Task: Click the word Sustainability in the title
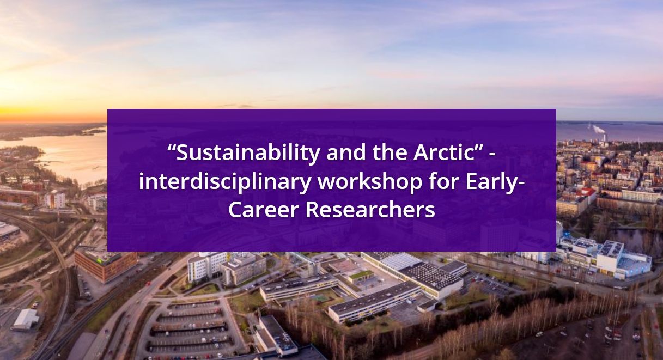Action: point(248,153)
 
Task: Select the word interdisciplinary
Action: point(224,181)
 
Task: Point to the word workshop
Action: point(370,181)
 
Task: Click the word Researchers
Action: point(370,210)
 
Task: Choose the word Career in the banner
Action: point(263,210)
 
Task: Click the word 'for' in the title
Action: point(444,181)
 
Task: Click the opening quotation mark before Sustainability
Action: point(172,148)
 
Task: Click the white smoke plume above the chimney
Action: point(598,129)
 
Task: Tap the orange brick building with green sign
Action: point(105,264)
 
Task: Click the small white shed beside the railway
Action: point(26,319)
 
